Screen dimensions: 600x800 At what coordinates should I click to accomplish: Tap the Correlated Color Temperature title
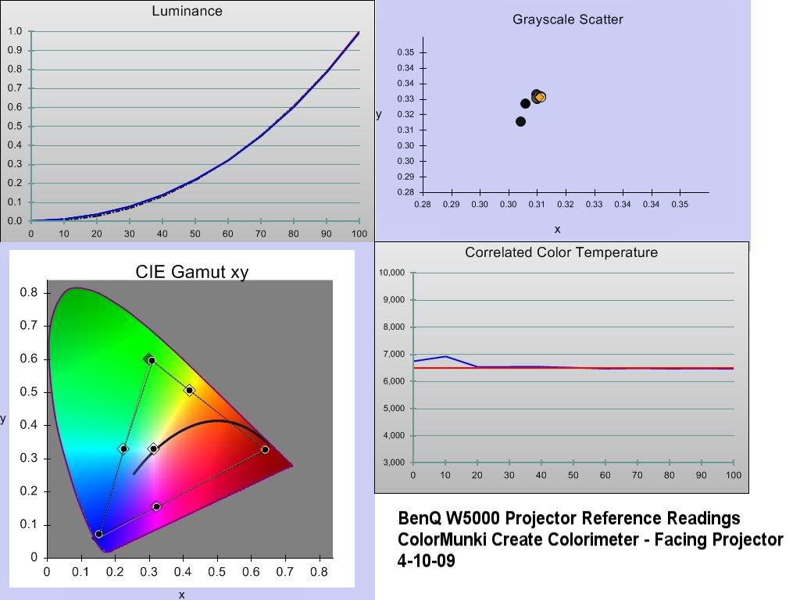(x=561, y=252)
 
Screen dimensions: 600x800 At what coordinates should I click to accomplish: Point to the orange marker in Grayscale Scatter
(x=540, y=97)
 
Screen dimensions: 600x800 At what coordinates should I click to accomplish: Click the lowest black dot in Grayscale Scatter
(x=521, y=121)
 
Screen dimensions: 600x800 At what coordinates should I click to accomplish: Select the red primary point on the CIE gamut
(x=265, y=449)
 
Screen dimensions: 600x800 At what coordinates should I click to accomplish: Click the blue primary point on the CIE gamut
(x=98, y=534)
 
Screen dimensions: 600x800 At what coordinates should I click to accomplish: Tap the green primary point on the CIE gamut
(x=152, y=360)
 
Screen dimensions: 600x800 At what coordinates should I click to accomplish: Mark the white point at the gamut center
(x=154, y=448)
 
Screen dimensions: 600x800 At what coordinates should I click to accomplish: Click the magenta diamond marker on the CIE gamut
(x=156, y=507)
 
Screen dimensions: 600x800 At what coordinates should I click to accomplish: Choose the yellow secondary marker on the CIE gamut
(x=189, y=389)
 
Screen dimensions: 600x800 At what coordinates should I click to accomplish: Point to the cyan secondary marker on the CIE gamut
(x=123, y=448)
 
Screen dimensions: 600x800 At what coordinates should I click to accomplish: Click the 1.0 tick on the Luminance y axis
(x=14, y=31)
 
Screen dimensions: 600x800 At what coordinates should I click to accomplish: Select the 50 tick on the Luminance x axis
(x=195, y=234)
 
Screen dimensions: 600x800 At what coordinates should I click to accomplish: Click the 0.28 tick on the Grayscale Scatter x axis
(x=422, y=204)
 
